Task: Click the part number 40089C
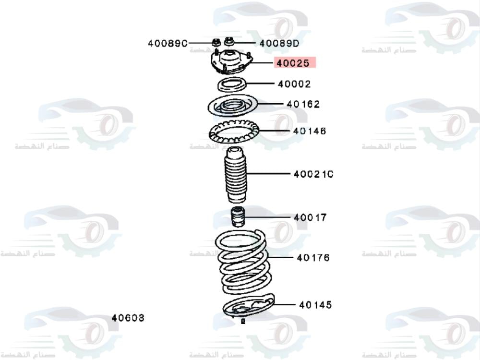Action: [x=167, y=43]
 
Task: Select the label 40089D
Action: [x=279, y=43]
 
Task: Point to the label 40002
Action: [x=294, y=84]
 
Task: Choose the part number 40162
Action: [x=303, y=104]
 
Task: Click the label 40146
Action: [x=310, y=131]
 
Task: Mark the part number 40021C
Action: [x=313, y=174]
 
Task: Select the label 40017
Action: [x=310, y=217]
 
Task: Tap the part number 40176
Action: [x=313, y=258]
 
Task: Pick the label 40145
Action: [x=315, y=305]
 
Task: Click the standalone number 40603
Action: [x=128, y=318]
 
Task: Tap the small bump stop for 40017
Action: [x=237, y=217]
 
